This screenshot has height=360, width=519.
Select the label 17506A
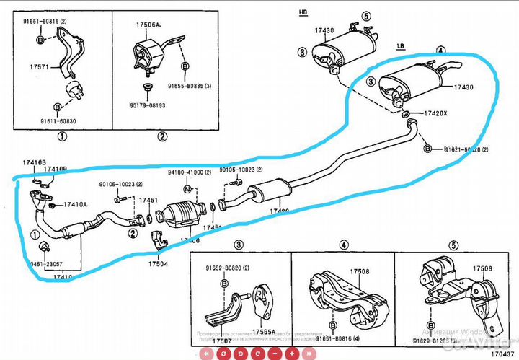(x=148, y=25)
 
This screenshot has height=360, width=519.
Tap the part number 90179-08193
(x=148, y=105)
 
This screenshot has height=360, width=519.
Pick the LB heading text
(x=401, y=45)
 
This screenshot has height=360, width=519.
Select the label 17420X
(x=435, y=113)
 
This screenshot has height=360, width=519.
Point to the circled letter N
(x=187, y=189)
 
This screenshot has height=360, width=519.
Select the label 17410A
(x=75, y=205)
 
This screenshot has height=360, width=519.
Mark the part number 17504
(x=159, y=264)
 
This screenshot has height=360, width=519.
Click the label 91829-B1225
(x=437, y=338)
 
